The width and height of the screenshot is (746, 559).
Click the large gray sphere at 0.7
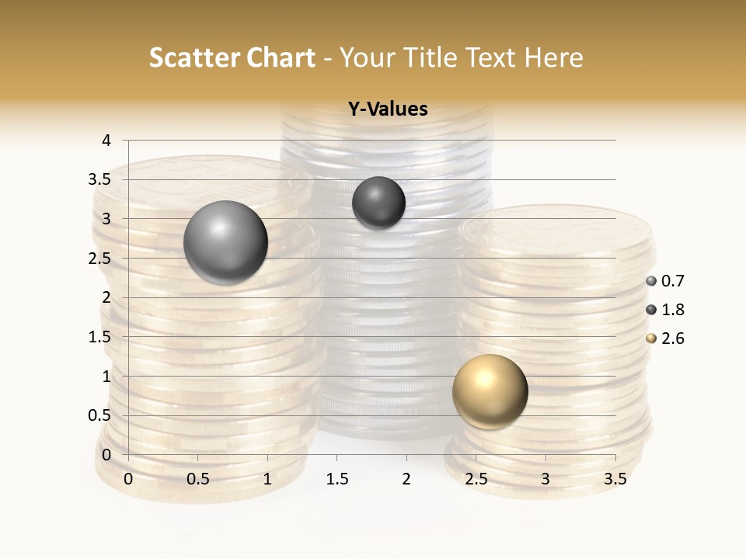225,242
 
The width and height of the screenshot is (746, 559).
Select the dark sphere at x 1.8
378,203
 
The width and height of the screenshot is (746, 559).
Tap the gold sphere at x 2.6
490,391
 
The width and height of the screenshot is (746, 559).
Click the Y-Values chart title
387,109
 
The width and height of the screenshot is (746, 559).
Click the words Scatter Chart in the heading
232,57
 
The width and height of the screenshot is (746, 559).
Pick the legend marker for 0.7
651,281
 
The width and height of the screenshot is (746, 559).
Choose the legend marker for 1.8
651,310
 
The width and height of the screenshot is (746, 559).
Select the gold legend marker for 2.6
651,339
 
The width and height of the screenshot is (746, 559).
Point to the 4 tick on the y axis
106,141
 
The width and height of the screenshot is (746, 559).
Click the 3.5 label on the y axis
99,179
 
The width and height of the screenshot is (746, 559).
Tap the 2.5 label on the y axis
99,259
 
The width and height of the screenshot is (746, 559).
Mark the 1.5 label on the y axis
99,337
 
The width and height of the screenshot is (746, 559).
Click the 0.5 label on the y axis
99,415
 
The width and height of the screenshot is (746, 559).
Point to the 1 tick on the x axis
267,479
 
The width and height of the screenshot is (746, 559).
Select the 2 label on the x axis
406,479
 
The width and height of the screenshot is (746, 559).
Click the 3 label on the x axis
546,479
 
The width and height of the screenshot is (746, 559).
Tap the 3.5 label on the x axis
615,479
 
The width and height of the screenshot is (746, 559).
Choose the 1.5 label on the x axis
336,479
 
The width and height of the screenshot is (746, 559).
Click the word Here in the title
554,57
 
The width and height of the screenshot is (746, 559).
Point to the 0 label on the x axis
128,479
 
